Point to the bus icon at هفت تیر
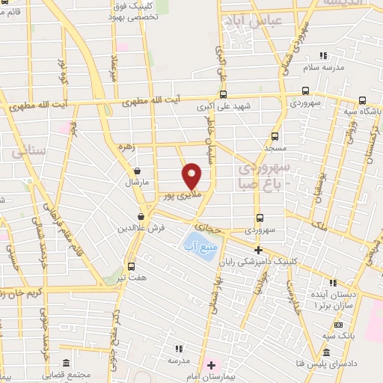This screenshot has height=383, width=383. (x=132, y=266)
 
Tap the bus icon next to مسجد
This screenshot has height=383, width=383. (x=275, y=136)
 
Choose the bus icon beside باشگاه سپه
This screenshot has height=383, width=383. (x=362, y=101)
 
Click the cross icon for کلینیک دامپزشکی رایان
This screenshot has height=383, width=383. (x=259, y=250)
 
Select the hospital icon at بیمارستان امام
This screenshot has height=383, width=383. (x=212, y=366)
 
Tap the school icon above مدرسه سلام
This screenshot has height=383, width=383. (x=323, y=55)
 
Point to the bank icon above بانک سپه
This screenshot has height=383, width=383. (x=339, y=325)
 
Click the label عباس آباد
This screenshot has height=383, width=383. (x=277, y=20)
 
